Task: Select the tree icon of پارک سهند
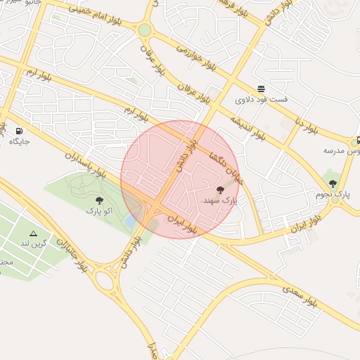click(221, 190)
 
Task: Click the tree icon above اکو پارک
click(99, 200)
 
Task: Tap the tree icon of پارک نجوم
click(333, 184)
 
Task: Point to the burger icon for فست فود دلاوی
click(262, 89)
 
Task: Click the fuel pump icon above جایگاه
click(18, 131)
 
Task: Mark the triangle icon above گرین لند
click(33, 233)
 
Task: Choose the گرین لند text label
click(33, 243)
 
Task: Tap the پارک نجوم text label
click(333, 194)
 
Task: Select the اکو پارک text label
click(99, 210)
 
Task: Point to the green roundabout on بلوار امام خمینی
click(144, 30)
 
